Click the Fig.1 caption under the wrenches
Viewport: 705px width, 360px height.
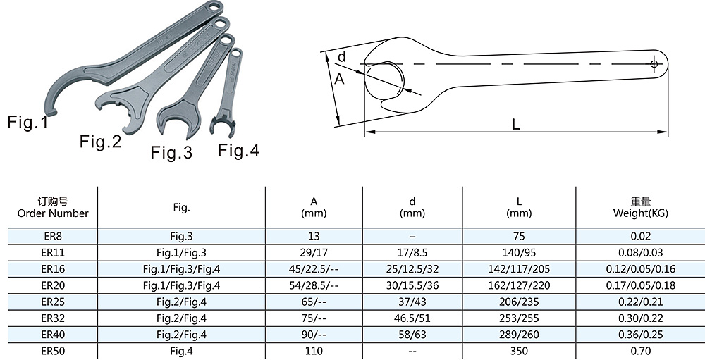(x=27, y=123)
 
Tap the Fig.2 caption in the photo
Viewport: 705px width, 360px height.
(x=101, y=142)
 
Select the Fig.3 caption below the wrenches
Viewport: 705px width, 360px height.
(x=171, y=152)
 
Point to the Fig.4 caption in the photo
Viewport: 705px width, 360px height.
(x=239, y=150)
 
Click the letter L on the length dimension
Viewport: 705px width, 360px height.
(x=516, y=125)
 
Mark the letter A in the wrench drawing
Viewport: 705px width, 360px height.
(x=340, y=79)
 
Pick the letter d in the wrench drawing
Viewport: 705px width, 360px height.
(x=342, y=57)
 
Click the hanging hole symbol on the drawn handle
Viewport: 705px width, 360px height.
(x=654, y=64)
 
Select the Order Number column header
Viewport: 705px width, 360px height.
(x=53, y=213)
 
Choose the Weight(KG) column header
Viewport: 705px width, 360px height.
(x=641, y=213)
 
